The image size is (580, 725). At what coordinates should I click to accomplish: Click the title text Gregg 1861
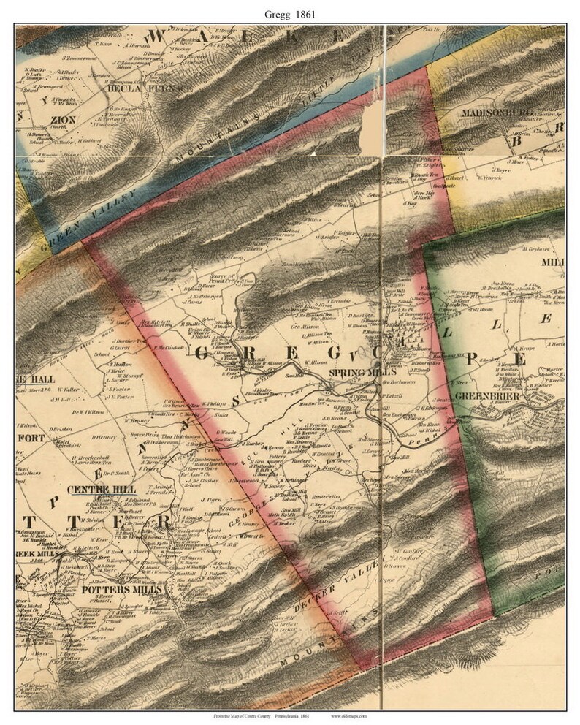[289, 12]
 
